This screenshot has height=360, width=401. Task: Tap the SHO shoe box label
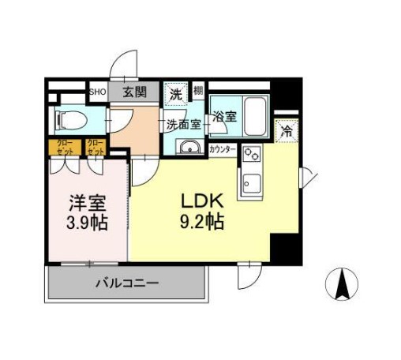(x=97, y=92)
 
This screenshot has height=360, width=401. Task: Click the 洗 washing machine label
(x=176, y=93)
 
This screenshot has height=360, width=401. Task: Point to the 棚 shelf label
(x=197, y=92)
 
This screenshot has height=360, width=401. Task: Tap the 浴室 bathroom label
(x=224, y=117)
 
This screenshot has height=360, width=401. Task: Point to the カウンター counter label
(x=222, y=148)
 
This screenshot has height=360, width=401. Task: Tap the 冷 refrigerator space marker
(x=287, y=131)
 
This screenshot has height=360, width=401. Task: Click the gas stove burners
(x=251, y=154)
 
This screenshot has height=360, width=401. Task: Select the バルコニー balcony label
(x=127, y=282)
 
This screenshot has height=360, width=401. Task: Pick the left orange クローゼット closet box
(x=64, y=146)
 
